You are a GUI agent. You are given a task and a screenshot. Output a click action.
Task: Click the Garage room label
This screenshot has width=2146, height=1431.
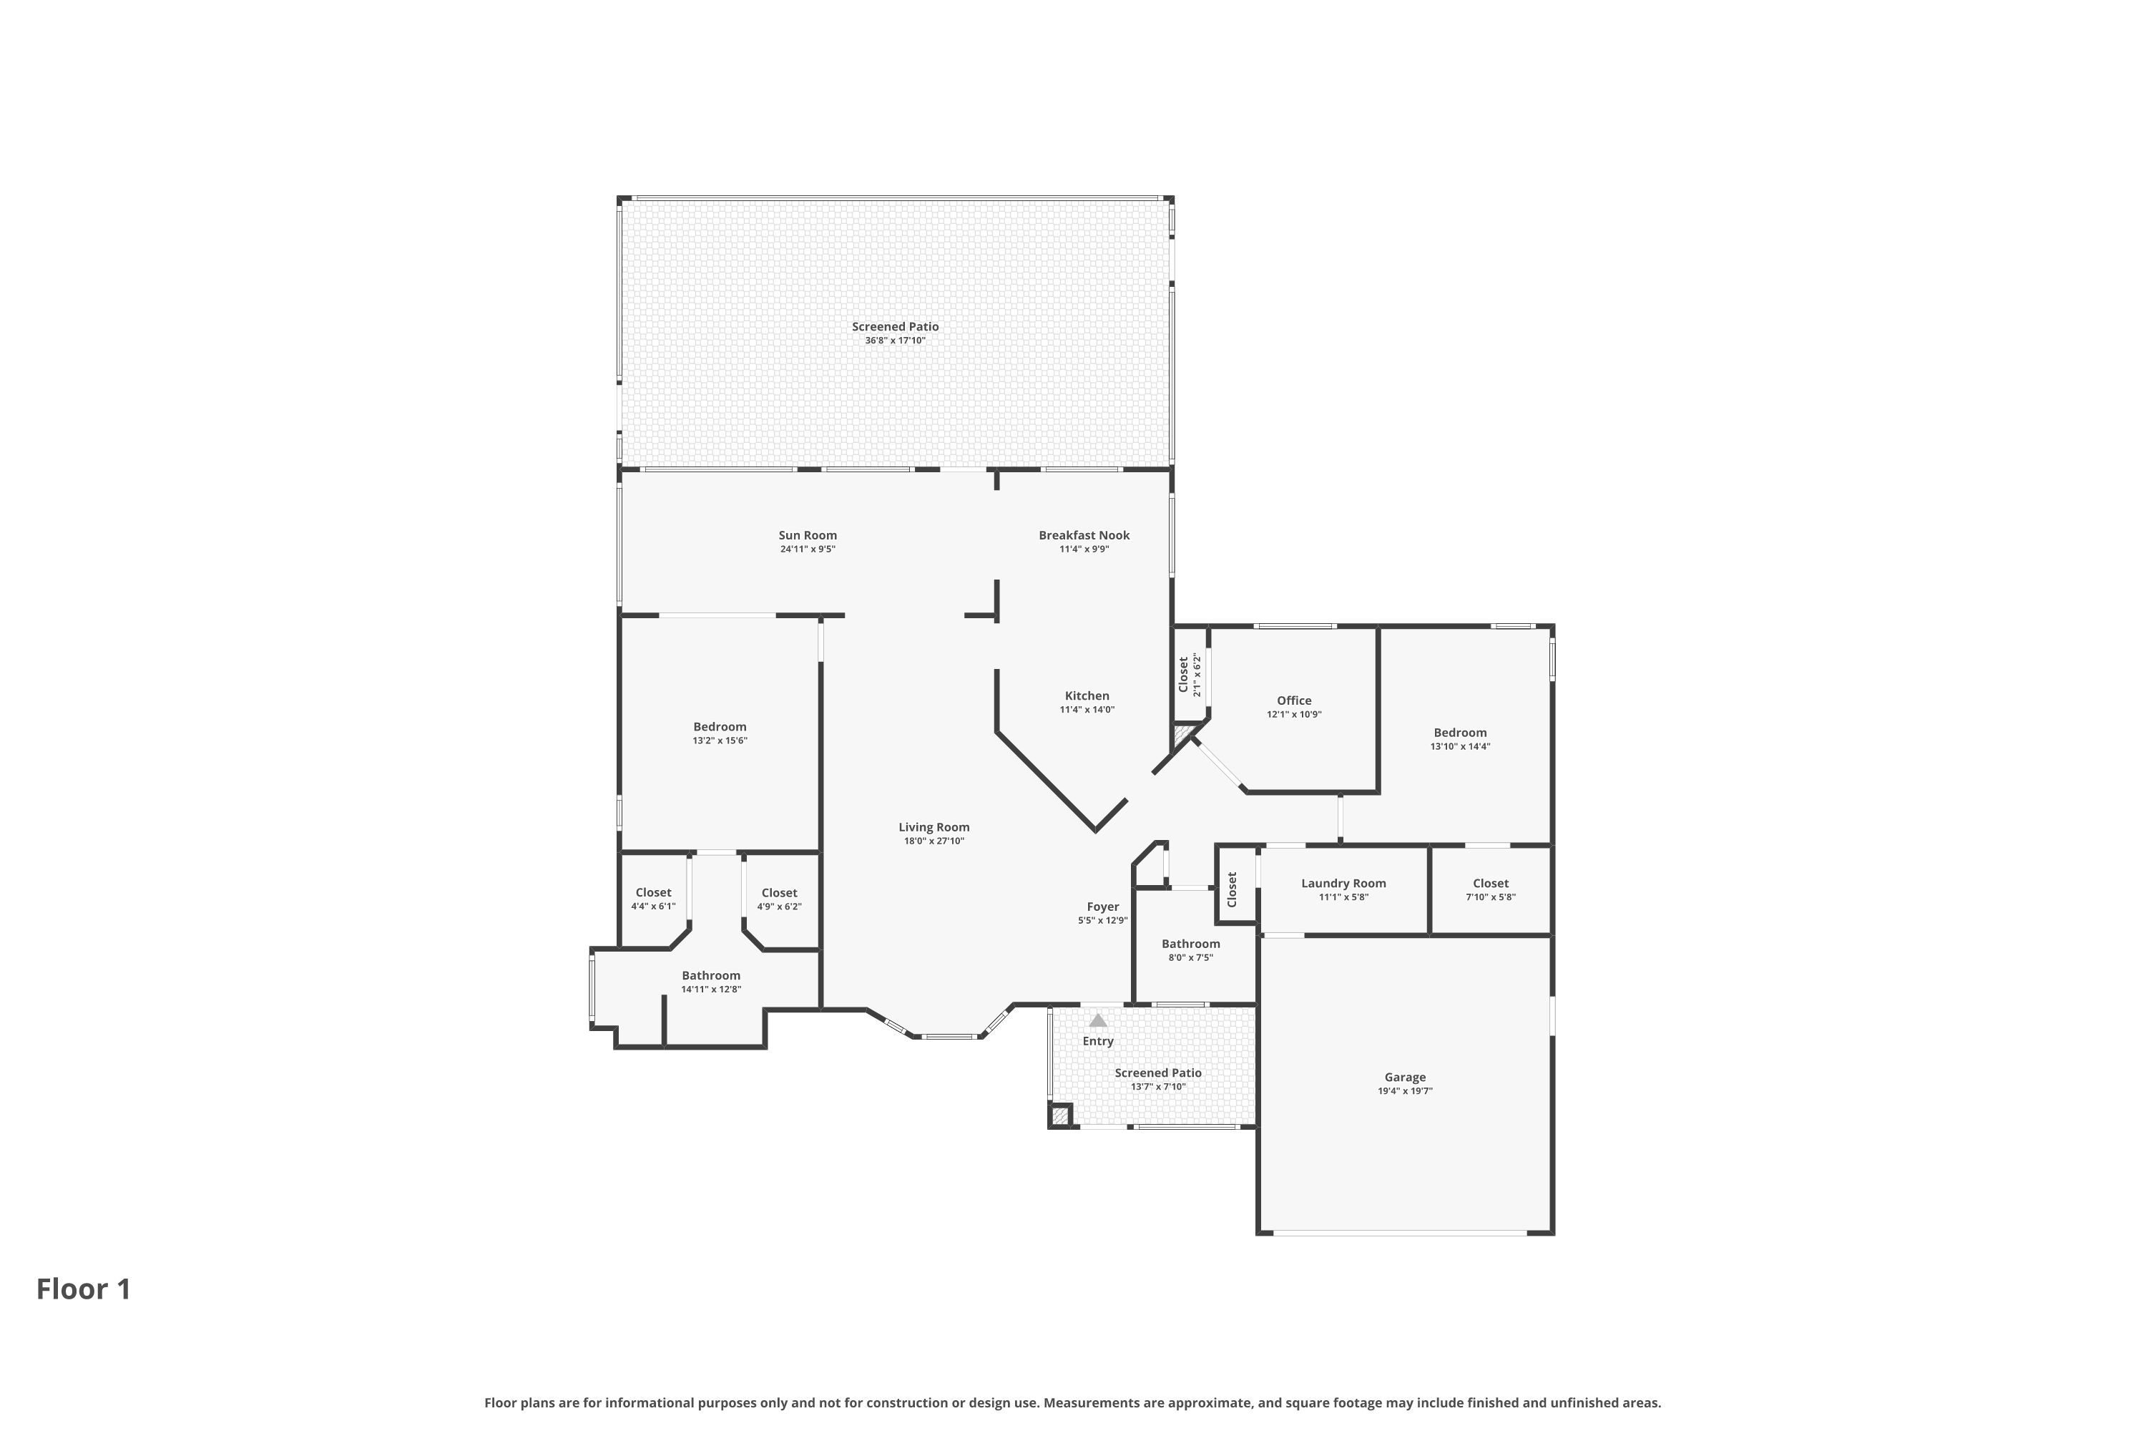pos(1404,1077)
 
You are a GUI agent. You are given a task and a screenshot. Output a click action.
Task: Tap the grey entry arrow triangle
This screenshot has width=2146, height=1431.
pos(1097,1020)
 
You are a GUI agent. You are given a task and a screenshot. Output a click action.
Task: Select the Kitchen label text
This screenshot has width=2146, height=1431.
pos(1087,695)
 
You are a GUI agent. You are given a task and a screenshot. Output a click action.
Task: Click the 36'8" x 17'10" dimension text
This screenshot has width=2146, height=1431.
pos(895,341)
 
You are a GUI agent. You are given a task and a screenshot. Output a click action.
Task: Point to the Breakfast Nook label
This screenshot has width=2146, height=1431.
pos(1084,534)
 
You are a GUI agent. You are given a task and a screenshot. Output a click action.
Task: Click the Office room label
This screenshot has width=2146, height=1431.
pos(1294,700)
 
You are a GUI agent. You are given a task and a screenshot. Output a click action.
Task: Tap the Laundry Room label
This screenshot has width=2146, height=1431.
pos(1343,882)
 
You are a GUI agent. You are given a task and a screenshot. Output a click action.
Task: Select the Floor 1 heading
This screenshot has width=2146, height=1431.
pos(84,1289)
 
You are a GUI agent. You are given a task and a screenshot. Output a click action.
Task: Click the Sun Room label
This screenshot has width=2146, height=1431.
pos(808,534)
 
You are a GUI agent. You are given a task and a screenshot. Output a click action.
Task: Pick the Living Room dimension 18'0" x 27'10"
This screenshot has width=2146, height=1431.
pos(934,841)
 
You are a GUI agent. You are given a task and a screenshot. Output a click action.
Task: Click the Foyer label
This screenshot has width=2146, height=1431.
pos(1102,907)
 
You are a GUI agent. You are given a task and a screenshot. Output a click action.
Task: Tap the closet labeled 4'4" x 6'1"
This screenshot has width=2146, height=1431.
pos(653,899)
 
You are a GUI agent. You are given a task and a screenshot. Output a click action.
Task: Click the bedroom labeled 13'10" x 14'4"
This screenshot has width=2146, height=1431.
pos(1460,738)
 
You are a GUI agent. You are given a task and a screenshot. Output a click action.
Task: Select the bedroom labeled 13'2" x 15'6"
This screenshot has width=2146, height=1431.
pos(719,733)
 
